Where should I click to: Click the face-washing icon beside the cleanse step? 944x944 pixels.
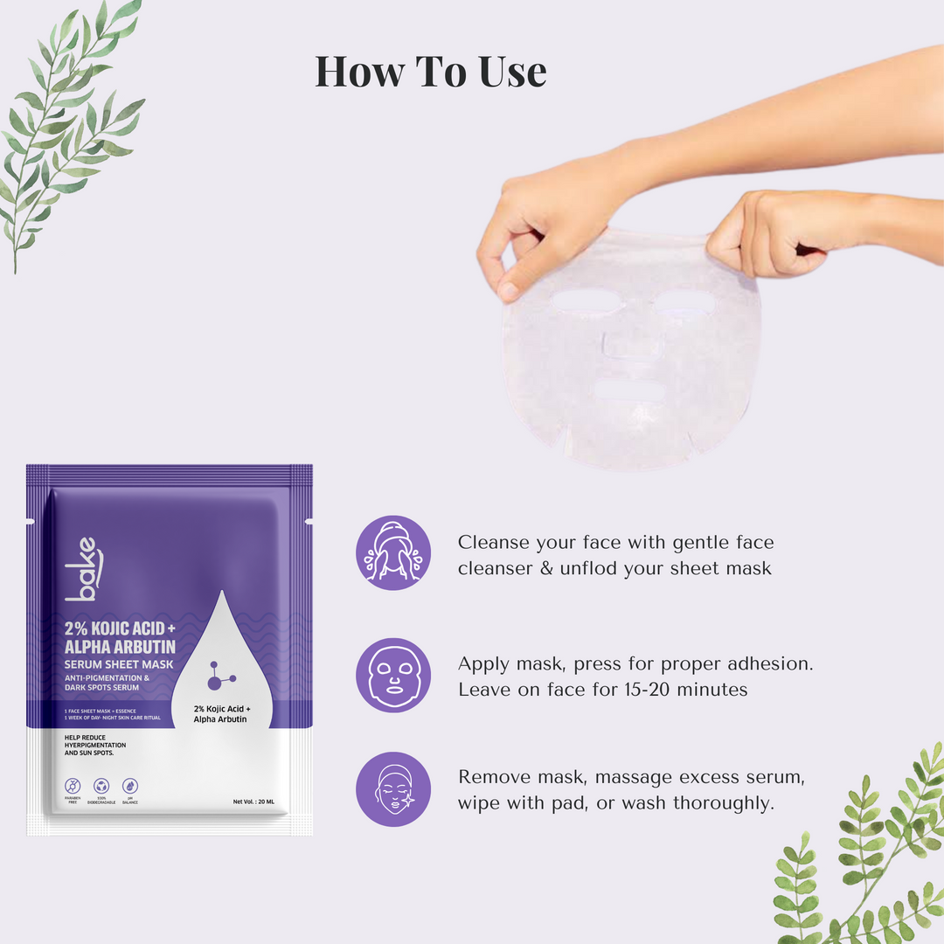pos(393,552)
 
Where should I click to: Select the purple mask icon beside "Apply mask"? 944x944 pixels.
pos(393,675)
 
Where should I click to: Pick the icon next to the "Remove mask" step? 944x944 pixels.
pos(393,788)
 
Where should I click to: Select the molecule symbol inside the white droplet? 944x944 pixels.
pos(222,675)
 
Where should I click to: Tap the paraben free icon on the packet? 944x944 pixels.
pos(73,787)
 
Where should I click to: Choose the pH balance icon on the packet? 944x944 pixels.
pos(129,787)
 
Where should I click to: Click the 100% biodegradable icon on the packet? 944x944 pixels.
pos(101,787)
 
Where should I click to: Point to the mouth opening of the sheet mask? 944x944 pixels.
pos(628,391)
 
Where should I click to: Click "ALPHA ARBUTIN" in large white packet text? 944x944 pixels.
pos(120,647)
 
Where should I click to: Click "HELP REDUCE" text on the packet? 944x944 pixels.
pos(87,738)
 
